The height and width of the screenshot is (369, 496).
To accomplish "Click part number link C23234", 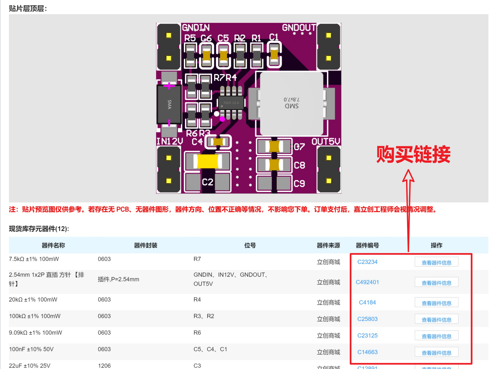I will [x=367, y=262].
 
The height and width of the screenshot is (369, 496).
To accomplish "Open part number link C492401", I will [x=367, y=282].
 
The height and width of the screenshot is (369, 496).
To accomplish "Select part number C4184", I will [x=367, y=302].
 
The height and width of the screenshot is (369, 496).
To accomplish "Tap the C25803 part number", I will [x=367, y=319].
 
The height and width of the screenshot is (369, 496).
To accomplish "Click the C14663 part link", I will [x=367, y=352].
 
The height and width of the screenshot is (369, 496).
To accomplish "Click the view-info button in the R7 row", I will [x=436, y=262].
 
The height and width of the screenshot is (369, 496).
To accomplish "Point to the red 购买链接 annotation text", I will [x=413, y=154].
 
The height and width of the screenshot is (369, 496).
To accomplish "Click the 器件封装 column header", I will [x=145, y=246].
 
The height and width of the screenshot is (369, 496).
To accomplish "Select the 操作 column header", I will [x=436, y=246].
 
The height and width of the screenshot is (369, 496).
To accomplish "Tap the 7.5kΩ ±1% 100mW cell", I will [x=34, y=259].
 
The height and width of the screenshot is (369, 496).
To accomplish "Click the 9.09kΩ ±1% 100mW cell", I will [x=35, y=333].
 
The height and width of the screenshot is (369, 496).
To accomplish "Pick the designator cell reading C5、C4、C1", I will [x=210, y=349].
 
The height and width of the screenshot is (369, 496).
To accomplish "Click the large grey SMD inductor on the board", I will [x=291, y=103].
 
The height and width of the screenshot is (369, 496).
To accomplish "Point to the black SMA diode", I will [x=169, y=104].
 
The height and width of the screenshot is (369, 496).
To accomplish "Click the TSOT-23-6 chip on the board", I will [x=231, y=103].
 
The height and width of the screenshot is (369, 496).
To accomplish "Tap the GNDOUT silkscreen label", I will [x=299, y=28].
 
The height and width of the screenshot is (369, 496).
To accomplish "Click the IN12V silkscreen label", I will [x=169, y=142].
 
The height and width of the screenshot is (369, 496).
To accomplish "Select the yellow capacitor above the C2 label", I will [x=207, y=161].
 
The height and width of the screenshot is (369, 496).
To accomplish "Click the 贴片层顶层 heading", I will [x=28, y=9].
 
